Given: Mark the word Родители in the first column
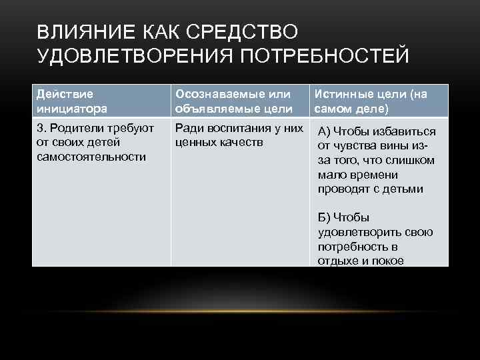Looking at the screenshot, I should tap(73, 127).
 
